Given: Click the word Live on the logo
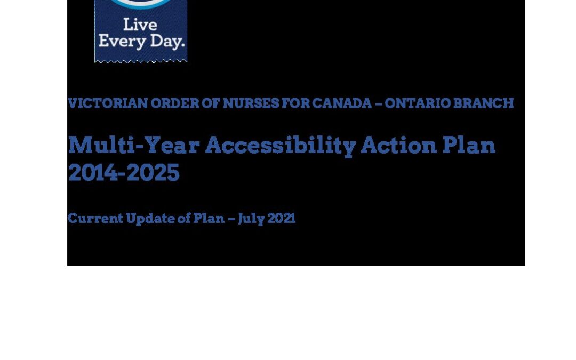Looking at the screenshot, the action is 140,25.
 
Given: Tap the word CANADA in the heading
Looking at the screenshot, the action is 342,103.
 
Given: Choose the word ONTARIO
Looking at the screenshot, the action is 417,103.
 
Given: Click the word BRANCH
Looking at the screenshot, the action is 483,103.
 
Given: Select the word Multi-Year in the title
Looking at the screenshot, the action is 134,146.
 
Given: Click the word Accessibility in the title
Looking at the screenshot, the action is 281,146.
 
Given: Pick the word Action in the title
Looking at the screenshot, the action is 398,145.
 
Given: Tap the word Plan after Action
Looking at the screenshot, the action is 469,145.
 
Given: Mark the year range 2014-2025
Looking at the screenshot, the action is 124,172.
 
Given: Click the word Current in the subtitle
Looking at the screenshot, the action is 95,218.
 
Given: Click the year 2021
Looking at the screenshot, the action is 282,218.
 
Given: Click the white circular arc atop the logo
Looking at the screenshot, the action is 141,4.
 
